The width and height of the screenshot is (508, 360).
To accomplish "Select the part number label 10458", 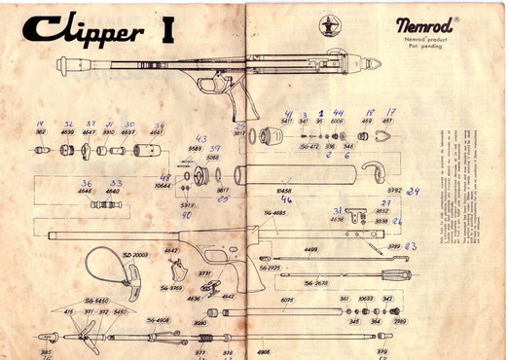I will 286,191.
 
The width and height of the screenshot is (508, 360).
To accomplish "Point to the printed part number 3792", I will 395,190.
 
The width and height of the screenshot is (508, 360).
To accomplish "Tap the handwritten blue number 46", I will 287,199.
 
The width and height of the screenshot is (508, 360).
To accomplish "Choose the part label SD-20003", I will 135,253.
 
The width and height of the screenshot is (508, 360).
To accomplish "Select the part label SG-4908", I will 159,319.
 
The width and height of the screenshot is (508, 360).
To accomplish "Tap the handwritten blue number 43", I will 201,138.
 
